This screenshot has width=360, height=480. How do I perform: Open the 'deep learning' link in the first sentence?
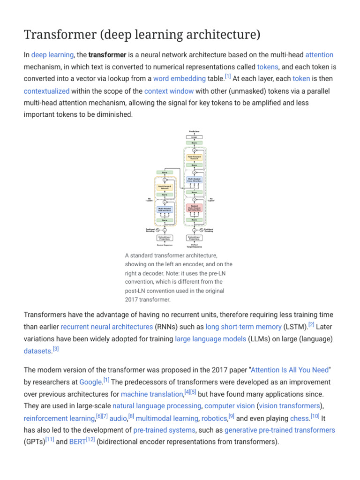tap(52, 55)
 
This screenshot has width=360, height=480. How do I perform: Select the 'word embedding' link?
tap(180, 79)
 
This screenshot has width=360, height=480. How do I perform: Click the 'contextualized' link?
tap(46, 91)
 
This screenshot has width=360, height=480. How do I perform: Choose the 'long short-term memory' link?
tap(244, 327)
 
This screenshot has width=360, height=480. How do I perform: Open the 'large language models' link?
tap(210, 338)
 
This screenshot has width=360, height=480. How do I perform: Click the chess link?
tap(300, 418)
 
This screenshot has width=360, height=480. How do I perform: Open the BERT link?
tap(77, 442)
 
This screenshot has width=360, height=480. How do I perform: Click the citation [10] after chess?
tap(315, 416)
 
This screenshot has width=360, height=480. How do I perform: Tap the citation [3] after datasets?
tap(56, 349)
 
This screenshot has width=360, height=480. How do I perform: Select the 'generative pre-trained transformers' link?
tap(280, 430)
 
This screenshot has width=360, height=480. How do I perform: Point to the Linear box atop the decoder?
tap(194, 137)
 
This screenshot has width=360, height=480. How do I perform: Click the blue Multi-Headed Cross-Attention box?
tap(194, 180)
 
